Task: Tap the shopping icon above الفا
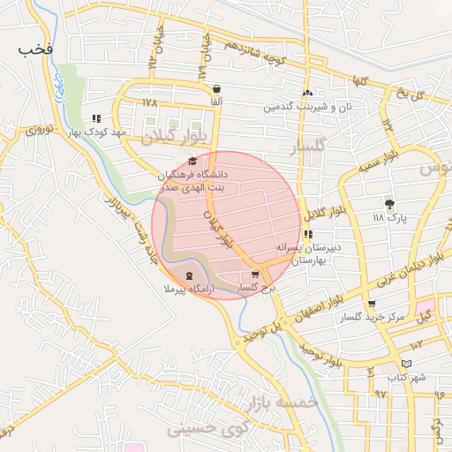(x=217, y=88)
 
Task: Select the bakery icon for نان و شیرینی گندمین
(x=306, y=93)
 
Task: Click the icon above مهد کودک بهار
(x=97, y=118)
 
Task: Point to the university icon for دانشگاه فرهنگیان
(x=193, y=161)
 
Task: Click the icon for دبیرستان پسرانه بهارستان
(x=307, y=234)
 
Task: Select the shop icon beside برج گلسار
(x=255, y=275)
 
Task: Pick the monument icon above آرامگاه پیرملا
(x=192, y=275)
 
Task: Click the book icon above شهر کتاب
(x=406, y=364)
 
